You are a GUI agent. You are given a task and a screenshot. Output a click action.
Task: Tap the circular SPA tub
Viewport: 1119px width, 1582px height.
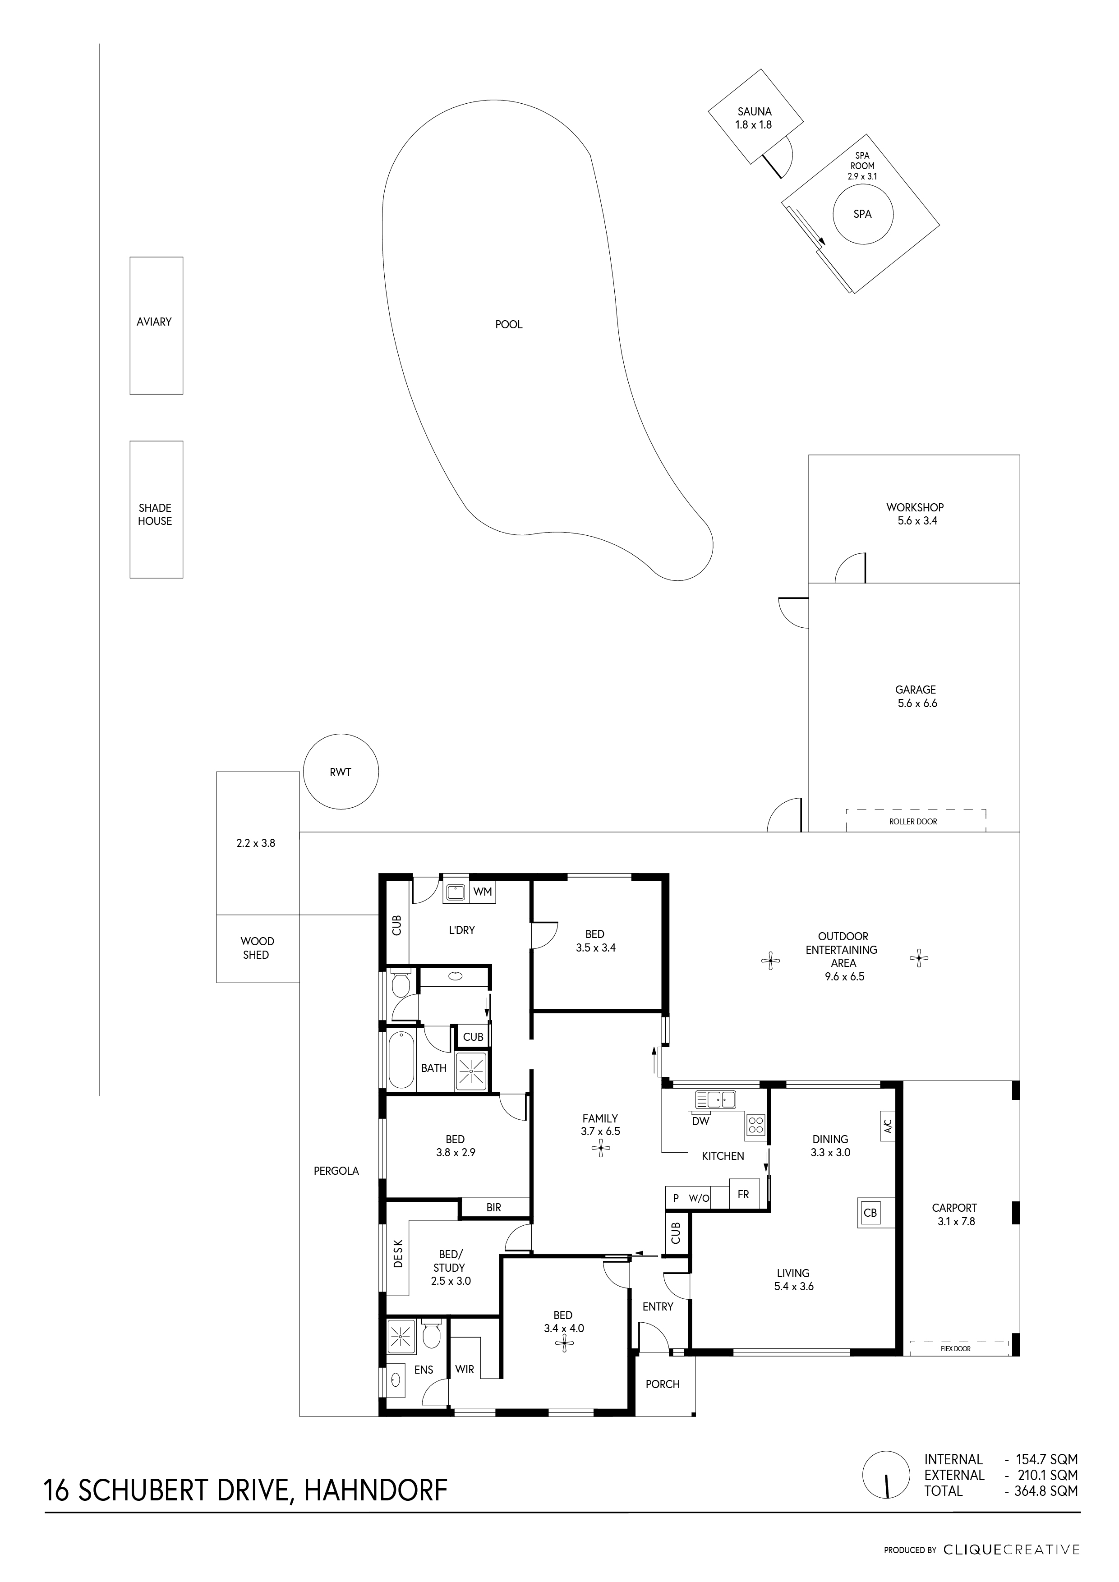[863, 214]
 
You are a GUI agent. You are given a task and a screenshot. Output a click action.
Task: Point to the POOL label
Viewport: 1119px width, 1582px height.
[509, 325]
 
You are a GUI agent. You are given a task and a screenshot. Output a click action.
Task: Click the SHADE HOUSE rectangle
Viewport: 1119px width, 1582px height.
[157, 509]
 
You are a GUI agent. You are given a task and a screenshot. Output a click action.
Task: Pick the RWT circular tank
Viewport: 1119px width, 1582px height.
[341, 772]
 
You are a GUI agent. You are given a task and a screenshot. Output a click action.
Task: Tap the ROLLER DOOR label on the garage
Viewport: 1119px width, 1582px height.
[913, 821]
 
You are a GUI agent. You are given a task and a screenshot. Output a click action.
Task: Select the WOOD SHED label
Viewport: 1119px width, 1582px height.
[256, 948]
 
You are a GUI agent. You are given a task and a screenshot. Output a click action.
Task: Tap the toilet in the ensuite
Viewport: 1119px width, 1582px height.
[431, 1334]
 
